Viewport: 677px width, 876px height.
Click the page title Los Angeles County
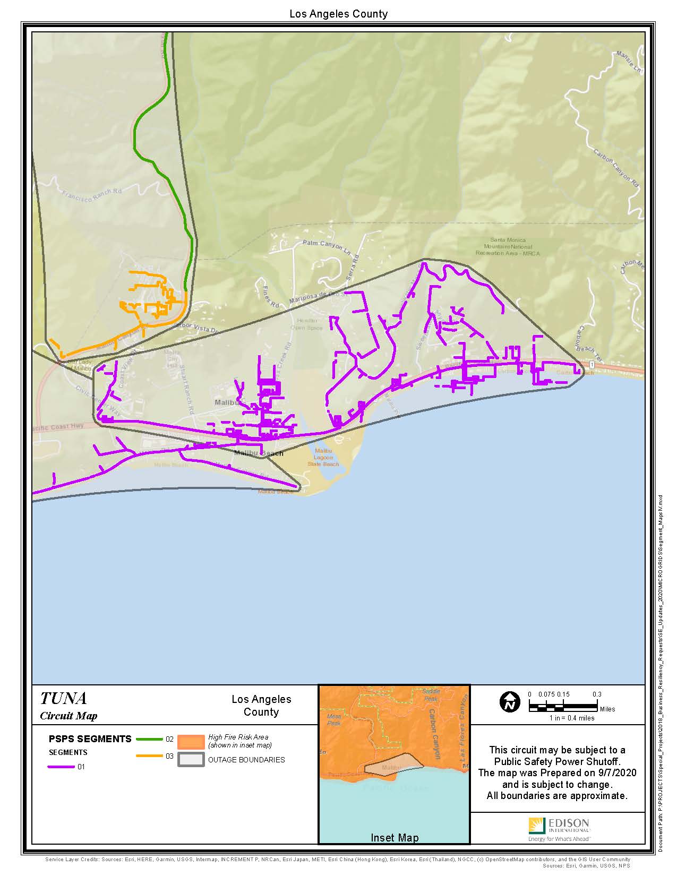coord(338,14)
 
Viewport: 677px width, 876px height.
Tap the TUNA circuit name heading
coord(63,698)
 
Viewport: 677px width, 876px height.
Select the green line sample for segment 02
coord(149,738)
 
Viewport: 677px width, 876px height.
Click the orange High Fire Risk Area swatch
coord(191,741)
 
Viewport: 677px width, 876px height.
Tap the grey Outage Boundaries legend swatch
coord(191,760)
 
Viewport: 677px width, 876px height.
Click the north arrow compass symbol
coord(510,702)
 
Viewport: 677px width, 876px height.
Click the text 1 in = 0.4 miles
coord(571,718)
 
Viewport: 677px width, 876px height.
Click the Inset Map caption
coord(394,838)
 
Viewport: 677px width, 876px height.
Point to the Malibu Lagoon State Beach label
coord(323,457)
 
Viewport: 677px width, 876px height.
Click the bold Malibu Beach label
coord(259,453)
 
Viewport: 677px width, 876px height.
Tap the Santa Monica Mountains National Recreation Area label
coord(507,247)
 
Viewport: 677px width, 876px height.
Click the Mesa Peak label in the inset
coord(333,720)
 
